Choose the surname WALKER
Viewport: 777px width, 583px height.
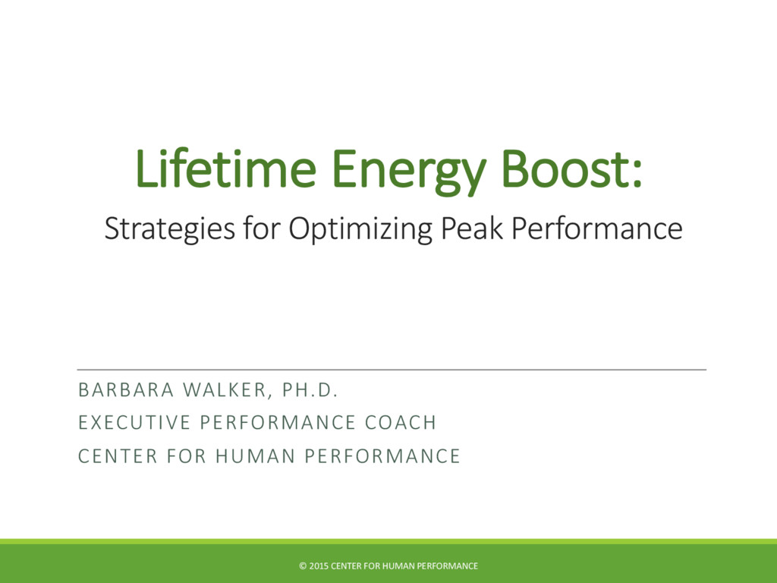point(227,391)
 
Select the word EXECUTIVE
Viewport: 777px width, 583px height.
point(130,423)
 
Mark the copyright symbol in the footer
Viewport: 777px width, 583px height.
point(302,566)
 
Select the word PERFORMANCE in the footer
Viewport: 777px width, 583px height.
point(448,566)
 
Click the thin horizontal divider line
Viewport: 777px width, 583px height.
point(392,370)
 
